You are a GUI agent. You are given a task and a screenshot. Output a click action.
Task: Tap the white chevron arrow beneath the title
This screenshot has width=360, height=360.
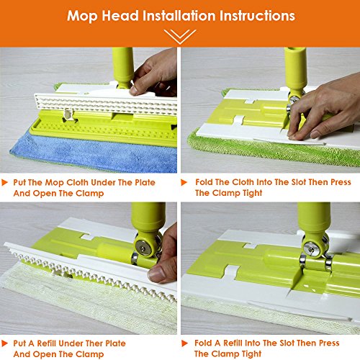pos(179,35)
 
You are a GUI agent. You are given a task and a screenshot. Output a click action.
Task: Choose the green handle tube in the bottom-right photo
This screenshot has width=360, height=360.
pos(314,220)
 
